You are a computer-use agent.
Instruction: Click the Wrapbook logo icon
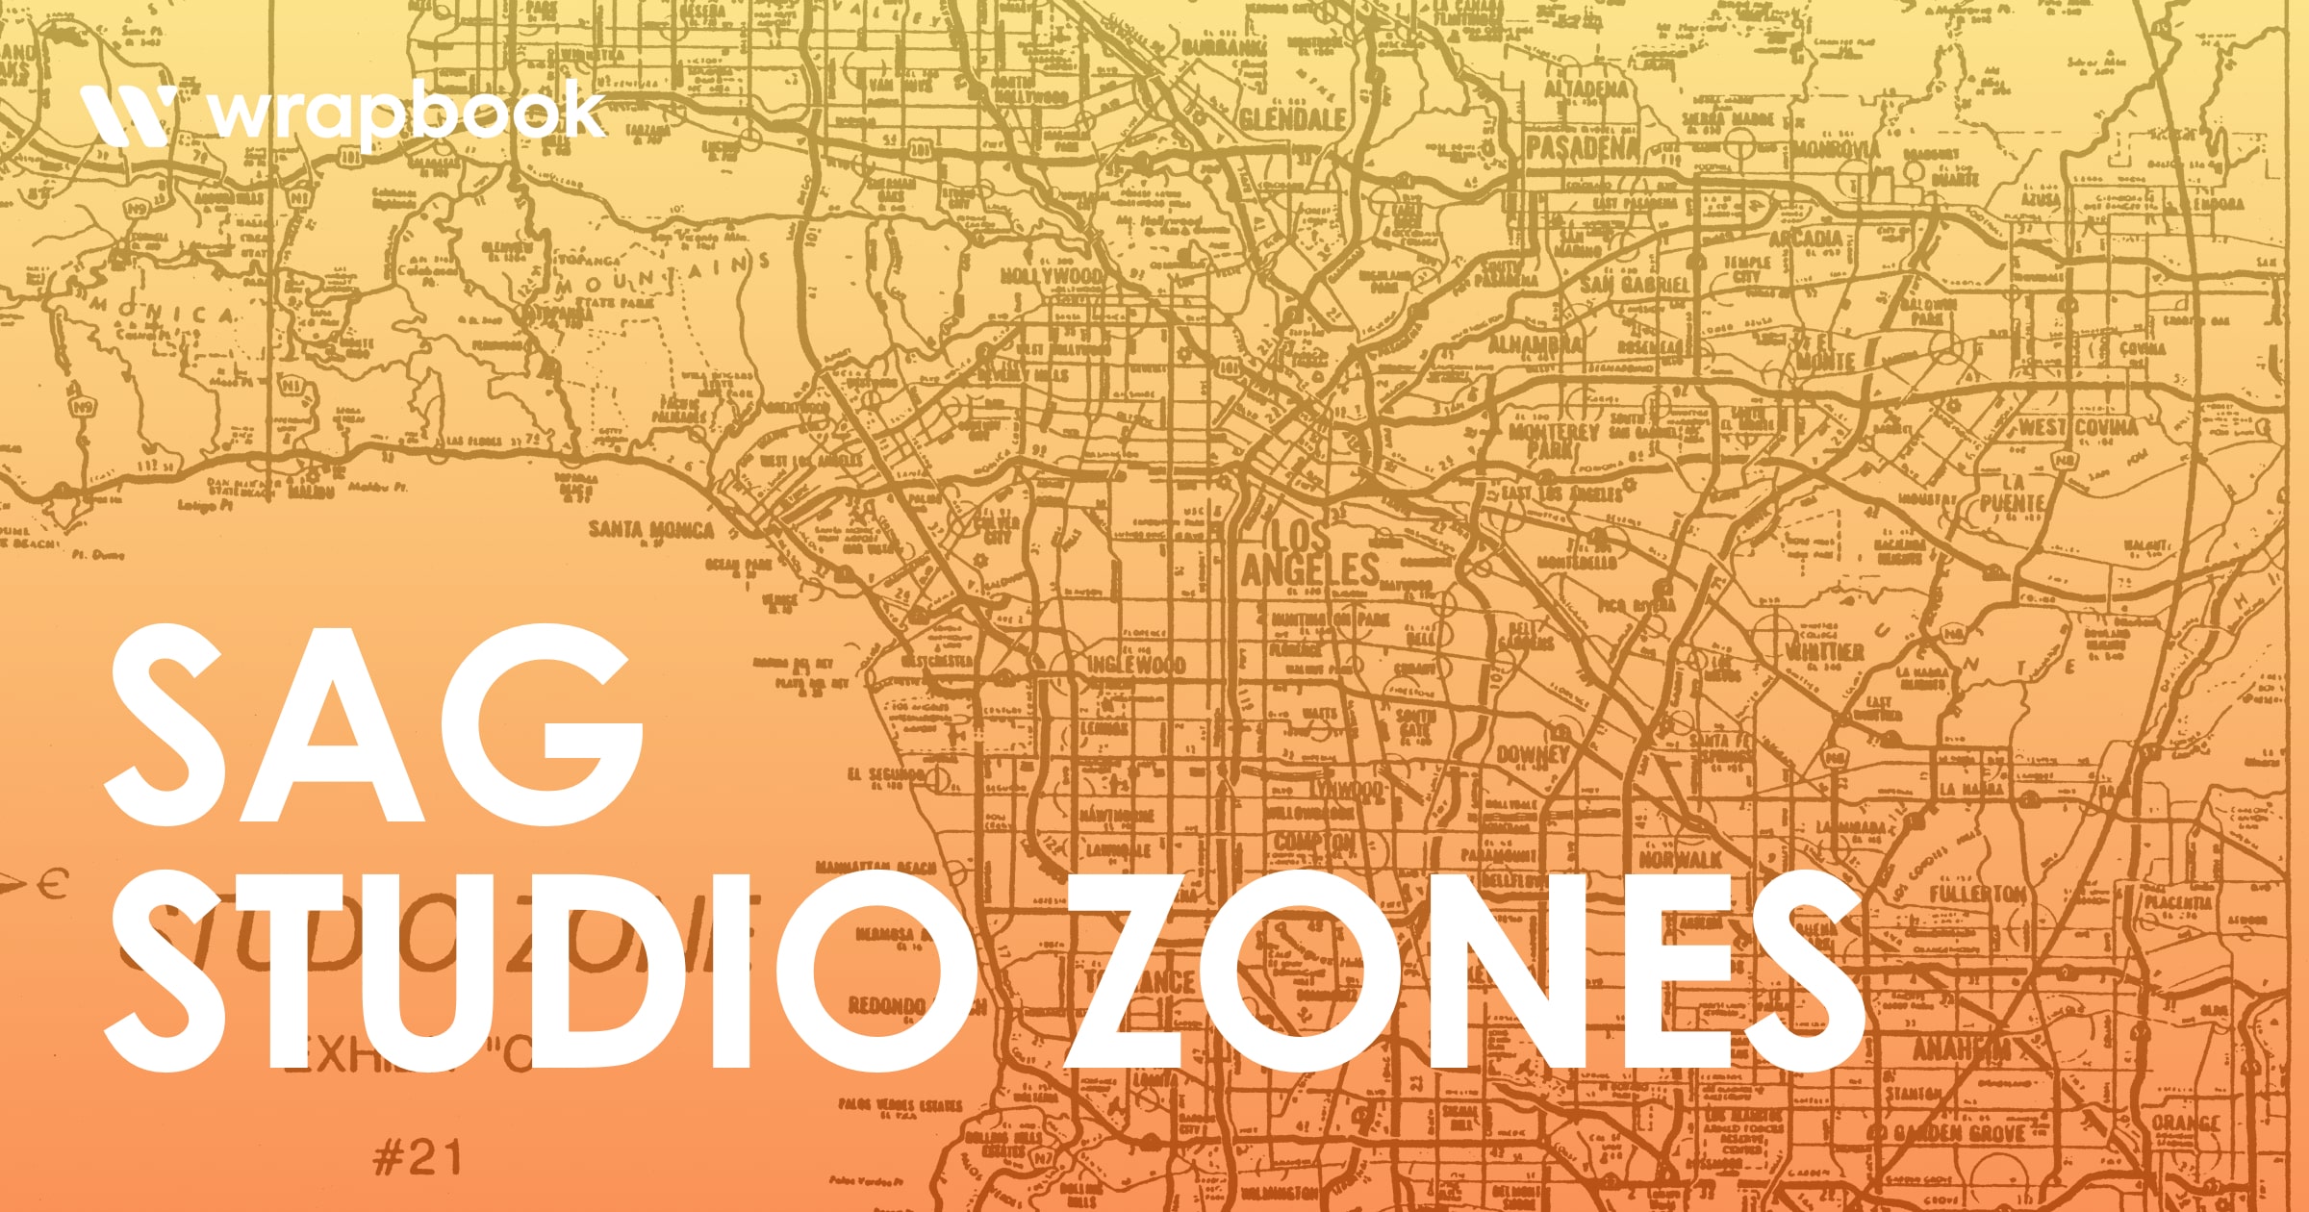pos(128,114)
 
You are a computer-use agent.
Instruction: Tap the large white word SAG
pos(373,726)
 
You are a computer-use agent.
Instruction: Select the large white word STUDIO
pos(539,972)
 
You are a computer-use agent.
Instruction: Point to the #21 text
pos(418,1157)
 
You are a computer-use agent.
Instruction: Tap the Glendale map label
pos(1292,119)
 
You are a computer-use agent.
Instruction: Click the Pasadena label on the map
pos(1583,147)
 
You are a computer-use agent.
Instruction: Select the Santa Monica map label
pos(651,529)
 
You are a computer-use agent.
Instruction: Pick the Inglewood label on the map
pos(1136,665)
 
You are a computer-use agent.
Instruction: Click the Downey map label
pos(1533,755)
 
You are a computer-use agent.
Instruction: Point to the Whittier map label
pos(1824,651)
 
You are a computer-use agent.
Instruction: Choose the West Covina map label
pos(2078,427)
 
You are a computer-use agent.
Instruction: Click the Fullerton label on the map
pos(1978,895)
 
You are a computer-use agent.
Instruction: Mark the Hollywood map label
pos(1052,276)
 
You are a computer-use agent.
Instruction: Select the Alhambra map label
pos(1535,344)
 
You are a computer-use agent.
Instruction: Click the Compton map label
pos(1314,842)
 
